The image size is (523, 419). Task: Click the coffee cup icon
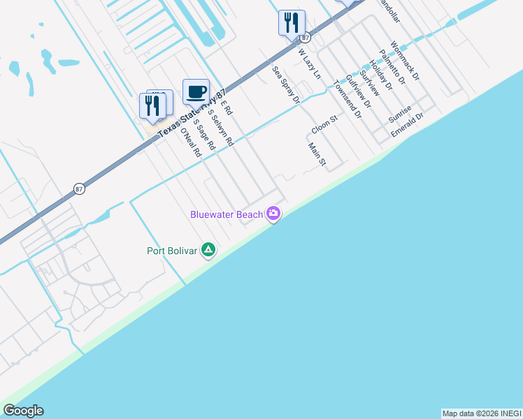(x=196, y=91)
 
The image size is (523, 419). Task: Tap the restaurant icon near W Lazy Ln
(x=291, y=22)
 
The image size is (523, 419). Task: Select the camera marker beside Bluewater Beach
(x=273, y=214)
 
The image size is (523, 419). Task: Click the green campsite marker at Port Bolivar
(x=208, y=250)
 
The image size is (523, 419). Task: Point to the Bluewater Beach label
(x=226, y=214)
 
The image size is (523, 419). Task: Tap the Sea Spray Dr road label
(x=286, y=85)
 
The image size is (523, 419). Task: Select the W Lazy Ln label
(x=309, y=64)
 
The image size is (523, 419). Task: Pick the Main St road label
(x=317, y=155)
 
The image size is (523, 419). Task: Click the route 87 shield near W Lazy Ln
(x=306, y=38)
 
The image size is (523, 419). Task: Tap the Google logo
(x=23, y=411)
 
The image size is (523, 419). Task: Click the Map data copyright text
(x=482, y=413)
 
